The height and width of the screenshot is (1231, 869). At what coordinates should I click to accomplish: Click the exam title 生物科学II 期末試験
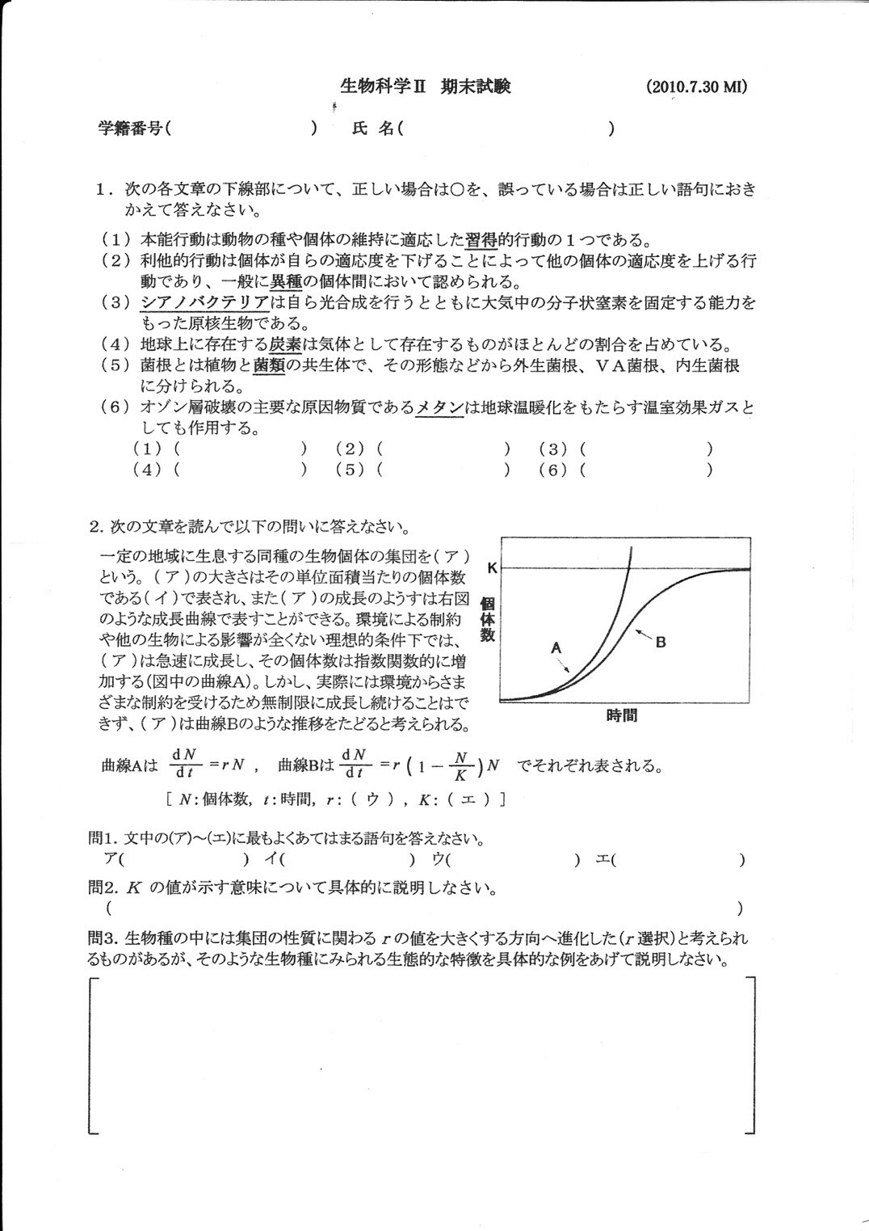click(x=426, y=86)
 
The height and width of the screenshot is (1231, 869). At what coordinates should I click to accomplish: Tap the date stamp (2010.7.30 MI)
click(x=697, y=87)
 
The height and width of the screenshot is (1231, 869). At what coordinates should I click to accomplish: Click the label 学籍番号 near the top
click(x=129, y=129)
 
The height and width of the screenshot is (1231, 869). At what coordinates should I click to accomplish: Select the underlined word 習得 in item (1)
click(x=481, y=240)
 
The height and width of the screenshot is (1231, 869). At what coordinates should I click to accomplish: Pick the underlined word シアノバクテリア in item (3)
click(x=204, y=303)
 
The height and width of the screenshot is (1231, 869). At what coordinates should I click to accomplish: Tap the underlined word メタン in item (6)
click(x=440, y=407)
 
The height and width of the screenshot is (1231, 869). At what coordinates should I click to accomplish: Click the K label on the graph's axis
click(x=491, y=568)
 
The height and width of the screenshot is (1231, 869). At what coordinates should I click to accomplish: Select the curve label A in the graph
click(x=555, y=647)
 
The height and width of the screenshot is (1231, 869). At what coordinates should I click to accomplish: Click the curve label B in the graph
click(x=661, y=643)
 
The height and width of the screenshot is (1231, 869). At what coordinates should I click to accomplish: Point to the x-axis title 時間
click(x=621, y=715)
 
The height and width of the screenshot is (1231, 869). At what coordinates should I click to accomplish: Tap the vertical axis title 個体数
click(x=487, y=619)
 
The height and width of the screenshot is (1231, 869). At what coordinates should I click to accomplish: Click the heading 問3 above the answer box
click(x=103, y=938)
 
